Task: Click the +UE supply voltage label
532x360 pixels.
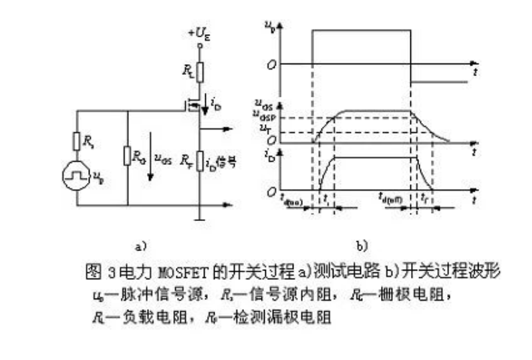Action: tap(198, 32)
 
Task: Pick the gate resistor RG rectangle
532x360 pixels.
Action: tap(127, 156)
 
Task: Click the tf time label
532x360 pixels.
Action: tap(425, 198)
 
